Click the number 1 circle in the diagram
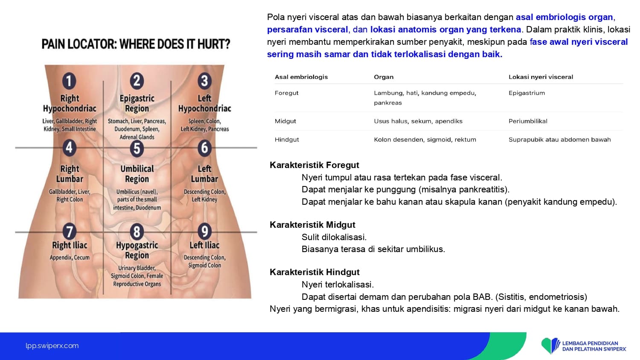(x=69, y=81)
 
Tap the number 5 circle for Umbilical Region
(x=137, y=148)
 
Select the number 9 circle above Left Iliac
(x=204, y=231)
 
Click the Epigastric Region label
(x=137, y=103)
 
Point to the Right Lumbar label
(x=70, y=174)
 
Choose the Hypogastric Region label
(x=137, y=250)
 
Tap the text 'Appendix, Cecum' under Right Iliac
(x=70, y=258)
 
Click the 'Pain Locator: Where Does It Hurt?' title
(x=136, y=44)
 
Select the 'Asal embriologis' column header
(x=301, y=77)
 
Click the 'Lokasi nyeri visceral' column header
(x=541, y=77)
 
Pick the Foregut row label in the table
(x=286, y=93)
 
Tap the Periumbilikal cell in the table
(x=528, y=121)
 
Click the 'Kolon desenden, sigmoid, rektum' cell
(x=425, y=140)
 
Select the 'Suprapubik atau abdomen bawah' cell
(x=559, y=140)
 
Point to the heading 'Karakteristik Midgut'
(x=312, y=225)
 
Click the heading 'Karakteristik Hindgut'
(x=314, y=272)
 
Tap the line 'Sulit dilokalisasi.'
(x=334, y=237)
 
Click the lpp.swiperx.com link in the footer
(x=52, y=346)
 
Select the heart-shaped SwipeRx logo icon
(x=550, y=346)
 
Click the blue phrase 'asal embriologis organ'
(x=564, y=17)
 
